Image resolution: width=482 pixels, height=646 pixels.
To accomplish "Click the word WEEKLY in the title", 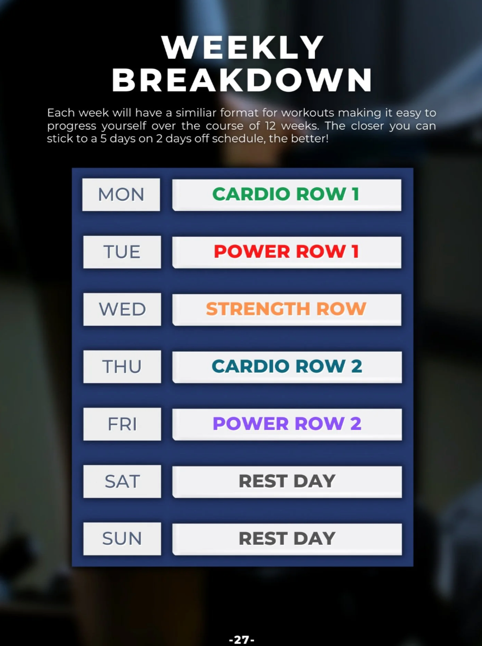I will click(x=242, y=48).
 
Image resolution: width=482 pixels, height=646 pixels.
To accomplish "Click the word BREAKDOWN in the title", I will click(x=242, y=80).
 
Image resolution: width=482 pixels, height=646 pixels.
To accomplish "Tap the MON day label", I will click(x=121, y=195).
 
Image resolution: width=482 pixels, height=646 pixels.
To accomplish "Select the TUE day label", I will click(x=122, y=252).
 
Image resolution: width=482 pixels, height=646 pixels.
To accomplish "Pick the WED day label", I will click(x=122, y=309).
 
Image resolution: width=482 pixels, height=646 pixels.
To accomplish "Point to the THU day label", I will click(x=122, y=367).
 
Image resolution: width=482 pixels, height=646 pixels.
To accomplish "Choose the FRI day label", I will click(x=122, y=424).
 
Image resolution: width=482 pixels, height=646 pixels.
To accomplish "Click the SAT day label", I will click(x=122, y=482).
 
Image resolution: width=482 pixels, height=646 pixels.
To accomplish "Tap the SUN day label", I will click(x=122, y=538).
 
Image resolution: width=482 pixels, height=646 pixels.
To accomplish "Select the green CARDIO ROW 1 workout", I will click(x=286, y=195).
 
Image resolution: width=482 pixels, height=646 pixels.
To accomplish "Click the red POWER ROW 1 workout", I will click(x=286, y=252).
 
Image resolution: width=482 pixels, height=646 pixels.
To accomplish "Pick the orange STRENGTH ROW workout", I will click(x=286, y=309).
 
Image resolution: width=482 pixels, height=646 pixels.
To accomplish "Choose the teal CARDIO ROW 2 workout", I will click(x=287, y=367).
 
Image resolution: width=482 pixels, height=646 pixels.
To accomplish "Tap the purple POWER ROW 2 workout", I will click(x=287, y=424).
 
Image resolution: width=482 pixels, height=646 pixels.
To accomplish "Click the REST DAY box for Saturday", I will click(x=287, y=482).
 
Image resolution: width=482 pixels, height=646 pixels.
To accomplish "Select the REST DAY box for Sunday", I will click(x=287, y=539).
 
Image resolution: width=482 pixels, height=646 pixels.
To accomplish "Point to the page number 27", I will click(x=241, y=640).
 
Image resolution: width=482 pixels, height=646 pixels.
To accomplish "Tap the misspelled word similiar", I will click(x=196, y=113).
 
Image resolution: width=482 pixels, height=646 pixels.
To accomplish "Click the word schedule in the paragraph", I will click(x=238, y=139).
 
